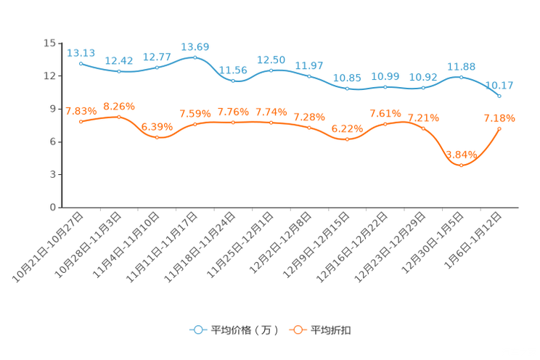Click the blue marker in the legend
pos(197,330)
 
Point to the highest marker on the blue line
pos(195,57)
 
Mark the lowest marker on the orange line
pos(461,165)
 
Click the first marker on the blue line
pos(81,63)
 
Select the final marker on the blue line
pos(499,96)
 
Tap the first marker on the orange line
pos(81,121)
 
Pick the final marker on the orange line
pos(499,128)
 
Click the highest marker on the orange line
pos(118,116)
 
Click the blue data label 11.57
pos(309,66)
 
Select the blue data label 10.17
pos(499,85)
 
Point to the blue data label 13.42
pos(118,60)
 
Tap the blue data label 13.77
pos(157,57)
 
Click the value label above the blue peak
pos(195,46)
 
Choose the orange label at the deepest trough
pos(462,153)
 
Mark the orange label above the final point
pos(499,118)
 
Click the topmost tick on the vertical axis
pos(60,43)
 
